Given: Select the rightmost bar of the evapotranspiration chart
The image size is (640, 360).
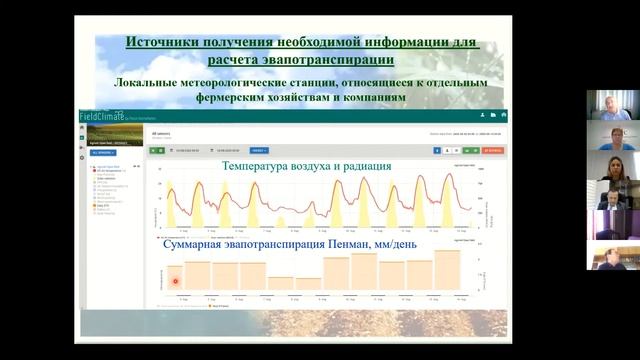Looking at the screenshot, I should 447,271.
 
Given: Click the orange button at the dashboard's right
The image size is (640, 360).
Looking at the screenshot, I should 492,150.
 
